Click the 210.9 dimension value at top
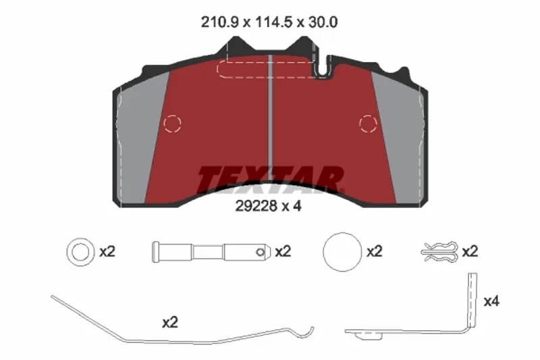pos(219,22)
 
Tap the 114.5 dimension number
pos(273,22)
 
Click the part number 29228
pos(256,206)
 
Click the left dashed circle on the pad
pos(172,124)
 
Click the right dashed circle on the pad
pos(368,124)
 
